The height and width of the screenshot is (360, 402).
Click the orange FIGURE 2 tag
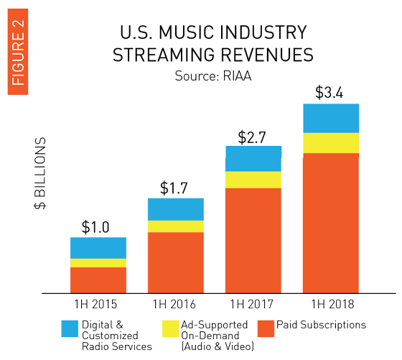pyautogui.click(x=18, y=52)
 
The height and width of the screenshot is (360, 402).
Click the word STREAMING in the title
pyautogui.click(x=164, y=55)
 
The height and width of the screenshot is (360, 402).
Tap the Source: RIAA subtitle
pyautogui.click(x=213, y=76)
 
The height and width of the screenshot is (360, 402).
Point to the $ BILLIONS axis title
pyautogui.click(x=40, y=173)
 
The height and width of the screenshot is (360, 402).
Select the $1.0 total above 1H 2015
pyautogui.click(x=95, y=227)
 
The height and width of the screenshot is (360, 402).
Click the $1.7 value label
pyautogui.click(x=174, y=188)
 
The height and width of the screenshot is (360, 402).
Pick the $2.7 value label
pyautogui.click(x=252, y=137)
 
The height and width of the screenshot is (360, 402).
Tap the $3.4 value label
pyautogui.click(x=329, y=93)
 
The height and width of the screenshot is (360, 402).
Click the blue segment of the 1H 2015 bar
pyautogui.click(x=98, y=248)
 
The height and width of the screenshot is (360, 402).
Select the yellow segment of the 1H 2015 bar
pyautogui.click(x=98, y=263)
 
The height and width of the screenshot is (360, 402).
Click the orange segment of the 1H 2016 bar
pyautogui.click(x=176, y=263)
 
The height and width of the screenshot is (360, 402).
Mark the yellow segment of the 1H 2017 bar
pyautogui.click(x=253, y=180)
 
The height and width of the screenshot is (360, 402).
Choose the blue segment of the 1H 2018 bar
pyautogui.click(x=331, y=119)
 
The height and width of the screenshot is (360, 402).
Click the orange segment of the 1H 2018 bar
pyautogui.click(x=331, y=223)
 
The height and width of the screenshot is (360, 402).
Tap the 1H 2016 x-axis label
pyautogui.click(x=174, y=305)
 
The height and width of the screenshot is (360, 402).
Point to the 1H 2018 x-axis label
pyautogui.click(x=332, y=305)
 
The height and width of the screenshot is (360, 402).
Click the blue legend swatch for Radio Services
pyautogui.click(x=70, y=328)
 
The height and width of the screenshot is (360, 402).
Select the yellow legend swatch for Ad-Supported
pyautogui.click(x=171, y=328)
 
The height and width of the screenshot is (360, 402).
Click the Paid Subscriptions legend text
pyautogui.click(x=322, y=325)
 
